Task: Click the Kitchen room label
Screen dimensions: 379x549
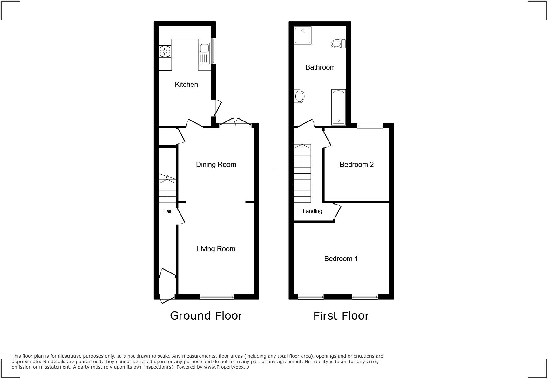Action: coord(186,84)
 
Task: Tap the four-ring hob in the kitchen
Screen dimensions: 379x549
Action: coord(165,52)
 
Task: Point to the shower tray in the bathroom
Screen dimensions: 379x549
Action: coord(302,35)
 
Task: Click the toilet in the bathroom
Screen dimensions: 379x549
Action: coord(338,44)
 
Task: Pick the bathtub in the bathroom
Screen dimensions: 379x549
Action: coord(338,107)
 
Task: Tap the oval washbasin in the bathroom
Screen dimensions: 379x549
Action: coord(299,96)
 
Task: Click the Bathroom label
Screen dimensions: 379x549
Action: coord(320,67)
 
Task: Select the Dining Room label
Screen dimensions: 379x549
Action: coord(216,164)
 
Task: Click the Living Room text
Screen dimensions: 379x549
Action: coord(216,249)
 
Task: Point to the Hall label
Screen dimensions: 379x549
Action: coord(167,211)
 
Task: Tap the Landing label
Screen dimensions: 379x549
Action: coord(312,211)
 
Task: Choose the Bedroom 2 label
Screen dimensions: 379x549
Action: coord(356,164)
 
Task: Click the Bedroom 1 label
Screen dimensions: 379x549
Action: coord(341,258)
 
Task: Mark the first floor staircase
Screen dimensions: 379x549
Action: coord(302,173)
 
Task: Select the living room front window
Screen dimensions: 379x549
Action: coord(217,297)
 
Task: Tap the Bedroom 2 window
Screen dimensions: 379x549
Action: coord(370,126)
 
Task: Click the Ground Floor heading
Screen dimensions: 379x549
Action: coord(206,315)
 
